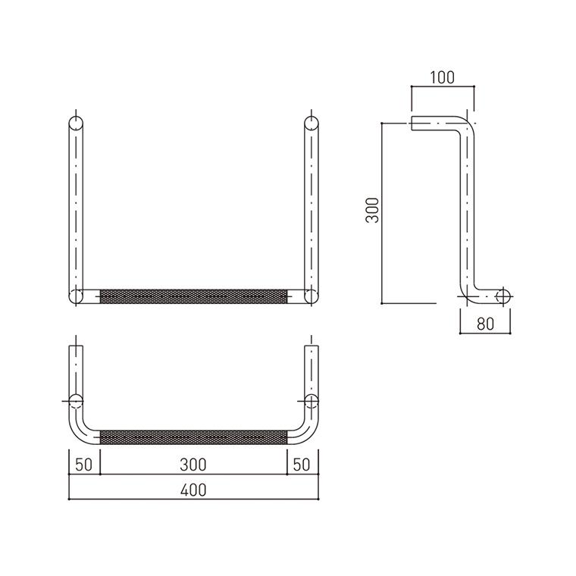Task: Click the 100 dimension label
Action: (x=443, y=77)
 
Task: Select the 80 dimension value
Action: (x=485, y=324)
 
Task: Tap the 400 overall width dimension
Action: (x=193, y=490)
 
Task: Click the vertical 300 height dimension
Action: (x=372, y=210)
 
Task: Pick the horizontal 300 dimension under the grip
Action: (x=193, y=465)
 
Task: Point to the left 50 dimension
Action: (x=84, y=465)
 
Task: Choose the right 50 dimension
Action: (x=302, y=465)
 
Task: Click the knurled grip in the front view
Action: (x=193, y=296)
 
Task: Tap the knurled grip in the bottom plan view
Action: (x=193, y=437)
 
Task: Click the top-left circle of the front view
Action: (x=76, y=123)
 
